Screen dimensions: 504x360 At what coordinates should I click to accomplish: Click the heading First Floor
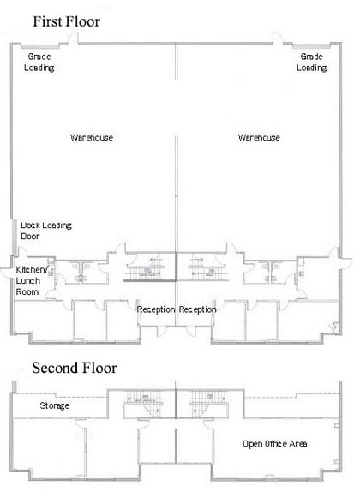coord(67,21)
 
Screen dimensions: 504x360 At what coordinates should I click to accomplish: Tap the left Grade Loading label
coord(40,62)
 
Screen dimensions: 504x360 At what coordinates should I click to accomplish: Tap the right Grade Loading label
coord(312,62)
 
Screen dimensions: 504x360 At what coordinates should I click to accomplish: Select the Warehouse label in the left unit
coord(91,137)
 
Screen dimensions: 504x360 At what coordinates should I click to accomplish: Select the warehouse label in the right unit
coord(261,137)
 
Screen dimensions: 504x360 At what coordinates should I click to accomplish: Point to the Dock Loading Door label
coord(46,231)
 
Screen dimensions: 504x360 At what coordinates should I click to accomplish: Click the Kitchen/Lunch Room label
coord(29,281)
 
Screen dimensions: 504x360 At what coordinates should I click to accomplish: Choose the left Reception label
coord(156,309)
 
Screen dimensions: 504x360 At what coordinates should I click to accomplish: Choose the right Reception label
coord(198,309)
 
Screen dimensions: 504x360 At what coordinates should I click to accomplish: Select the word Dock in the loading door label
coord(30,225)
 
